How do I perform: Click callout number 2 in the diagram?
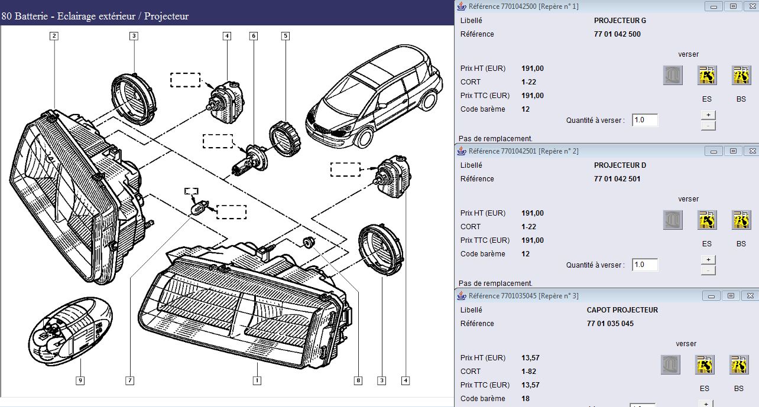54,36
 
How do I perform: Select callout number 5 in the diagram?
286,36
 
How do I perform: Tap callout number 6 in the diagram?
254,36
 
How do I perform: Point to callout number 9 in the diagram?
80,380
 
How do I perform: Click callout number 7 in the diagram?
130,380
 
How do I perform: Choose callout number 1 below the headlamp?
257,380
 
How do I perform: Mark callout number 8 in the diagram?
358,380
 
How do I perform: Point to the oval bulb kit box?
70,331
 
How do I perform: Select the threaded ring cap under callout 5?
285,138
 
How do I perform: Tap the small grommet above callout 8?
309,242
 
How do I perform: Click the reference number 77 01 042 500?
617,34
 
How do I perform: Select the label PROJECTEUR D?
619,165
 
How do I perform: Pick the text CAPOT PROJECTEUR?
622,310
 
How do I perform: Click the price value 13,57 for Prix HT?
530,358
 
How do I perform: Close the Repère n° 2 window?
752,151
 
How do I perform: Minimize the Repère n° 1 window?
713,6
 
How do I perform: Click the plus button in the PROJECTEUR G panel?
708,115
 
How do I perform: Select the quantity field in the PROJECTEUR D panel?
645,265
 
